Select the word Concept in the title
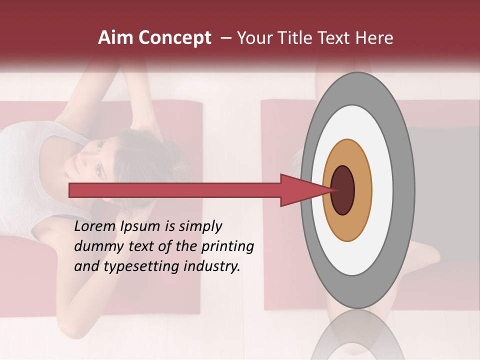174,38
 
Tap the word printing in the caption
227,246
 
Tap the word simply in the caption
200,226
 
